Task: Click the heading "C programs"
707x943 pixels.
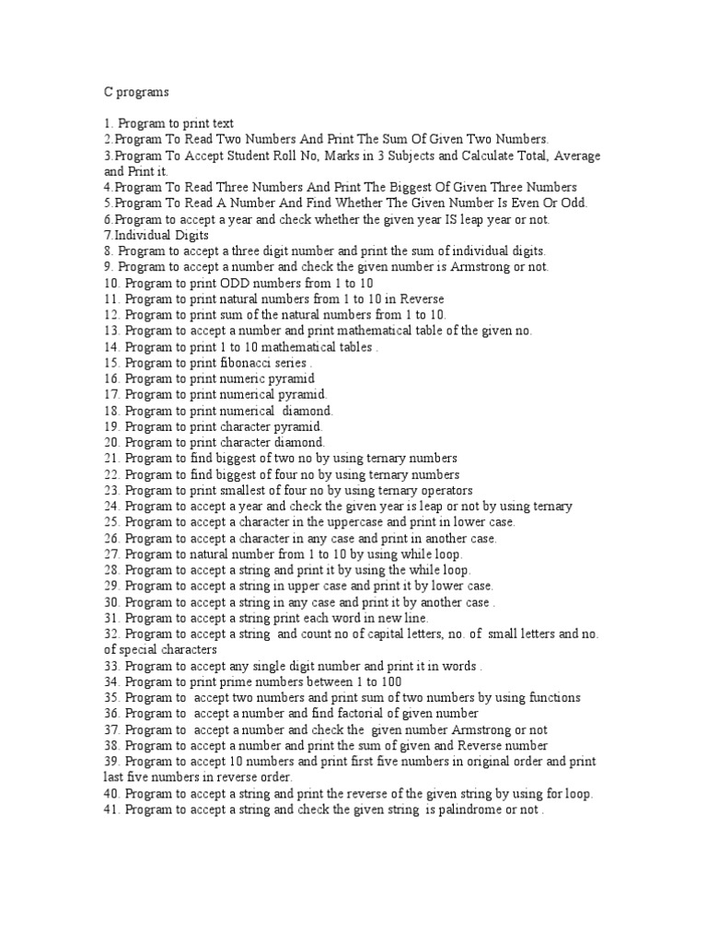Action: click(x=136, y=92)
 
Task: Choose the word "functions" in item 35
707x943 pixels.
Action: click(x=552, y=697)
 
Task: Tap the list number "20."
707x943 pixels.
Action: click(x=112, y=442)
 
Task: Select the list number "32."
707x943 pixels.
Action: click(x=112, y=634)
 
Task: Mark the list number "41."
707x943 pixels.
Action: click(x=112, y=809)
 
